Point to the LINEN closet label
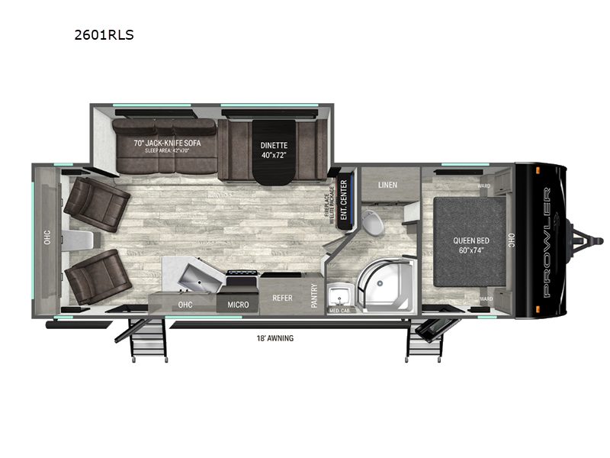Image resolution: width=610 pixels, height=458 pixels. click(x=387, y=185)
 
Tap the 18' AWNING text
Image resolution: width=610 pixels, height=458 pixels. click(x=275, y=337)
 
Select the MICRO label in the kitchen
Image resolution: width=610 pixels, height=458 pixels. click(x=238, y=305)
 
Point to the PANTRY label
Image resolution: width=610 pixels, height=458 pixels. click(x=314, y=295)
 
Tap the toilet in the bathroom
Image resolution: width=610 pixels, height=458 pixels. click(x=373, y=222)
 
